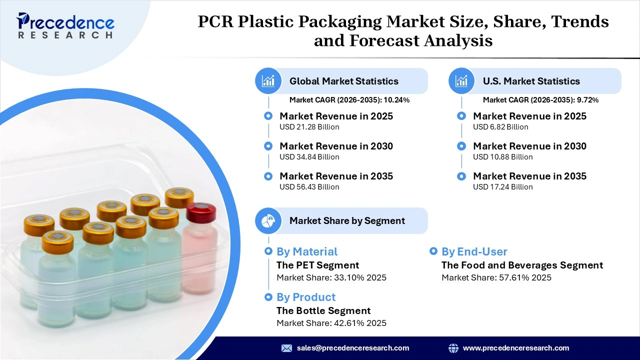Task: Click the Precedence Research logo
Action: pos(65,25)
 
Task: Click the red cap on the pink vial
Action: pos(201,212)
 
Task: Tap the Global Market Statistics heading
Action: pos(343,81)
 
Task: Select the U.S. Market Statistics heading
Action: pos(531,81)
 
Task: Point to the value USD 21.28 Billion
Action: pos(309,127)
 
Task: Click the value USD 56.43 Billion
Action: pos(309,187)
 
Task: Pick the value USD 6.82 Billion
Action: pos(500,127)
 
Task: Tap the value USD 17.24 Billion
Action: pos(502,187)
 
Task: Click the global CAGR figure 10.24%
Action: pos(396,100)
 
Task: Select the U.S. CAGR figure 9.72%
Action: pos(587,100)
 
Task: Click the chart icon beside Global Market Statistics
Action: pos(268,81)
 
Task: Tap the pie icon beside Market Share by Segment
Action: pos(268,220)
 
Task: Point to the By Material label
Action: pos(306,251)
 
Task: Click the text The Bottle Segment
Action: pos(323,310)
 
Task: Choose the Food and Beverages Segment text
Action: pos(522,265)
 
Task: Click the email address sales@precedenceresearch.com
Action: pos(352,348)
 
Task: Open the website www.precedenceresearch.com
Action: pos(515,348)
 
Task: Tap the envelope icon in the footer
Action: pos(286,348)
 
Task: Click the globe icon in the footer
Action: pos(453,348)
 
